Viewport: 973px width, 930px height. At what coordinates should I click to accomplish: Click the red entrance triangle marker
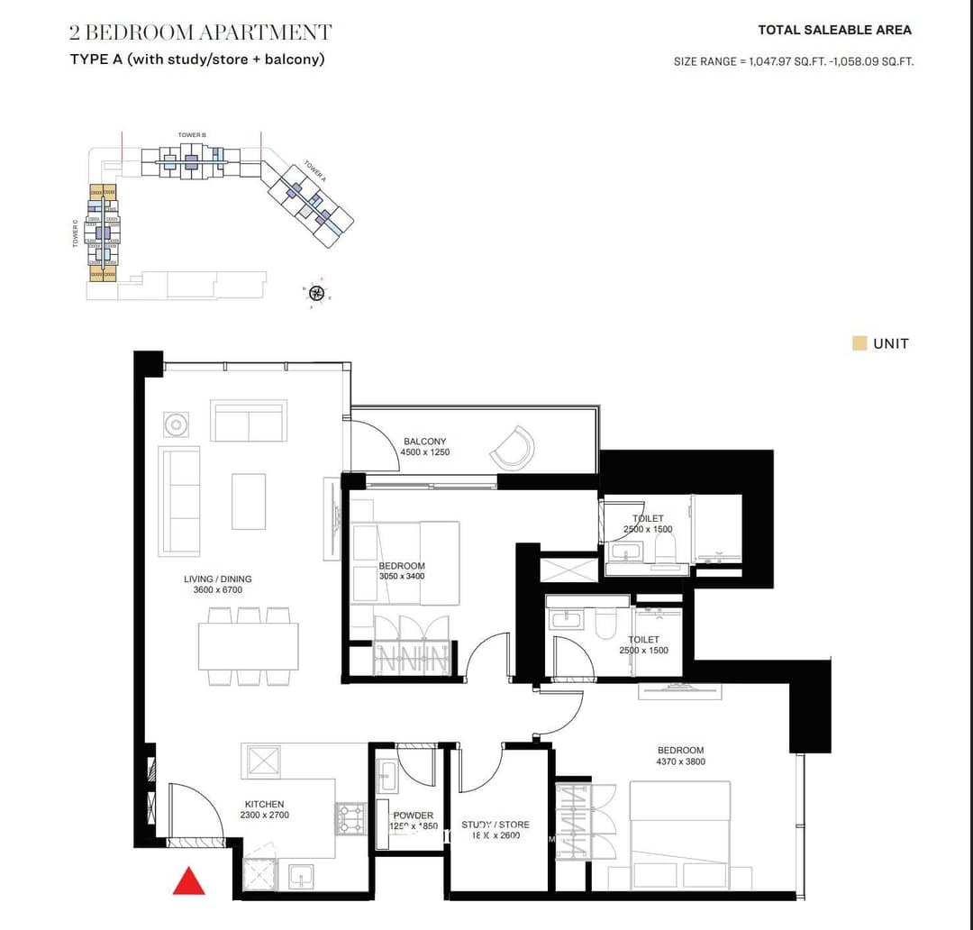[189, 881]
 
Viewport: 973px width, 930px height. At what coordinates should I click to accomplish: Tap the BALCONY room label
[424, 442]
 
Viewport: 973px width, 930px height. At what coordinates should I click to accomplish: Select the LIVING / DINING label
[217, 579]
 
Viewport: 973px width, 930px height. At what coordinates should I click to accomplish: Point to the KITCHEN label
[264, 804]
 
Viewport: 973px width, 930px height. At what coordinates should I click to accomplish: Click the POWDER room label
[413, 816]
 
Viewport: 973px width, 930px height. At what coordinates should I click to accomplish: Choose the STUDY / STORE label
[496, 825]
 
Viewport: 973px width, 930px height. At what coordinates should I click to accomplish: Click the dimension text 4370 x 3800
[680, 761]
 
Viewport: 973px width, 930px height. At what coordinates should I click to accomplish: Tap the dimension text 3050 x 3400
[402, 577]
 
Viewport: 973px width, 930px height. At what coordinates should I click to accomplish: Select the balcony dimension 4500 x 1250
[424, 452]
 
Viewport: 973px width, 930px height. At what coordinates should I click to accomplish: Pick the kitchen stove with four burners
[350, 819]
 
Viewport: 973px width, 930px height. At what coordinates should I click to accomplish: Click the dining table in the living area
[248, 646]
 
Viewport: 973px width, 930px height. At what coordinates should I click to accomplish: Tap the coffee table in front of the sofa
[249, 501]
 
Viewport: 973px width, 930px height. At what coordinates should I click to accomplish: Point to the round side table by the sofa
[176, 424]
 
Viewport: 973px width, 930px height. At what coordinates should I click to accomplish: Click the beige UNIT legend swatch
[859, 343]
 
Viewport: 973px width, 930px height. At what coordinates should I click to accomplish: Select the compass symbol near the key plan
[316, 293]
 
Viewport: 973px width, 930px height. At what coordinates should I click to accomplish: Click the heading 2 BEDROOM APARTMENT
[200, 33]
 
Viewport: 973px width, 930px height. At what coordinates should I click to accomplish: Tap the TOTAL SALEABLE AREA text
[834, 30]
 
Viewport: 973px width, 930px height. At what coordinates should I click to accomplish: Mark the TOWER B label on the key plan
[192, 135]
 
